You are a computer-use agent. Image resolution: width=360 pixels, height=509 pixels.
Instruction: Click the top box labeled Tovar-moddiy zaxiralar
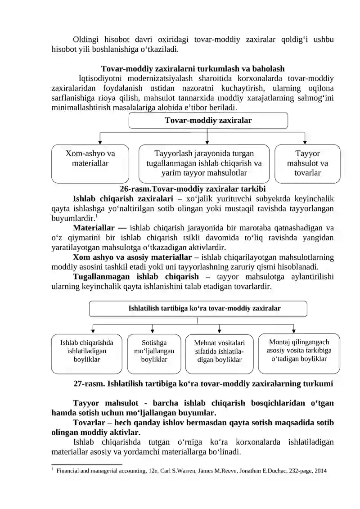point(208,120)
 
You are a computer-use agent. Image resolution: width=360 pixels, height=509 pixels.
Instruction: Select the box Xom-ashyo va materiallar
point(90,163)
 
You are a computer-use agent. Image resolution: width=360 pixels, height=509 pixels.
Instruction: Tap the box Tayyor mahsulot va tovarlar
point(307,163)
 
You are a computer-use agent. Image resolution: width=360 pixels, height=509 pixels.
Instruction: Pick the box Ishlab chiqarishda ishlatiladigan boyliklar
point(86,354)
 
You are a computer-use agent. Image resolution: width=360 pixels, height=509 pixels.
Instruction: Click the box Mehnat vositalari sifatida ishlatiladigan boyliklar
point(220,354)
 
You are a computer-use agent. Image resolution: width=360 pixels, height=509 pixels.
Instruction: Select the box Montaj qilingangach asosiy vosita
point(299,354)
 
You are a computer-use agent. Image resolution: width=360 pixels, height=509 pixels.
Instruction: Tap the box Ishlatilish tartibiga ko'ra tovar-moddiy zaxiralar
point(198,309)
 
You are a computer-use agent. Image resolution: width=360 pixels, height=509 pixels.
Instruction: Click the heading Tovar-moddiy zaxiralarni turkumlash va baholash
point(193,69)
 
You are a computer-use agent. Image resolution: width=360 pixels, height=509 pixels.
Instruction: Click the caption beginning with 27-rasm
point(203,384)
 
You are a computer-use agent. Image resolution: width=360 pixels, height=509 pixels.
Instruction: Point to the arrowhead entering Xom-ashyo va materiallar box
point(100,142)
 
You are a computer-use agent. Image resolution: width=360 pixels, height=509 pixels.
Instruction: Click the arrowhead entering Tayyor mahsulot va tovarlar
point(305,142)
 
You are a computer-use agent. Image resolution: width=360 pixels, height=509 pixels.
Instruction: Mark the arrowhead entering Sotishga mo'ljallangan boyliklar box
point(151,331)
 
